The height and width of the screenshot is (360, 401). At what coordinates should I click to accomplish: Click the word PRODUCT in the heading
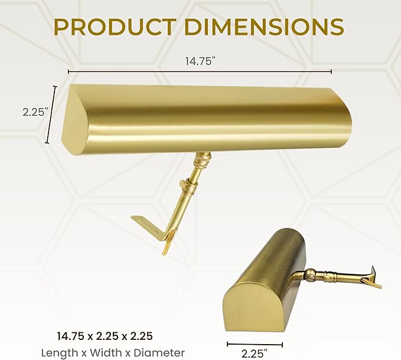[115, 27]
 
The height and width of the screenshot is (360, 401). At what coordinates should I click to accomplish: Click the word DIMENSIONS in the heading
[264, 27]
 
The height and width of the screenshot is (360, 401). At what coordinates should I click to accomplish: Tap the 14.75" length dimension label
[199, 61]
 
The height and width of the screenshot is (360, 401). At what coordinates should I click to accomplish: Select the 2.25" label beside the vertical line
[35, 112]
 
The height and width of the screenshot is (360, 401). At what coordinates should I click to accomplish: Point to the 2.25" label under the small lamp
[255, 354]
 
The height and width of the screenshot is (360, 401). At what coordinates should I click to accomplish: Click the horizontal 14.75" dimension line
[200, 72]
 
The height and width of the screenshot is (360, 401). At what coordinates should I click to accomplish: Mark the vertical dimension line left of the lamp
[51, 114]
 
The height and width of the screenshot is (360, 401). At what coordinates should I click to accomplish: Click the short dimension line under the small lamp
[255, 345]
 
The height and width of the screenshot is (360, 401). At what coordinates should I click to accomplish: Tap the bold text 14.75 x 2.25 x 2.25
[105, 336]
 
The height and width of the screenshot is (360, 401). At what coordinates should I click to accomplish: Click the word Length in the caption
[60, 353]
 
